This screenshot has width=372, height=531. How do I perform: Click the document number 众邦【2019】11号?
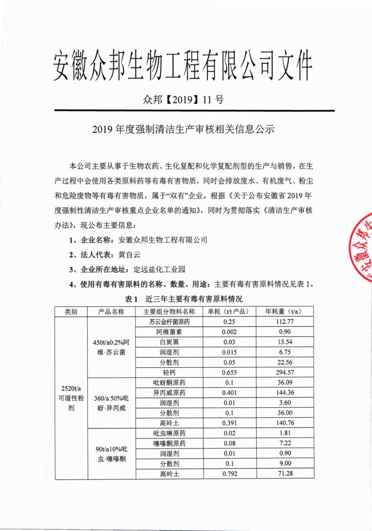[183, 99]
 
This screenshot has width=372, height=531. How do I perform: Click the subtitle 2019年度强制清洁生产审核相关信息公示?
[183, 129]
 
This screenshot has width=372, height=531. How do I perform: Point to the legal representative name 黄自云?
[129, 255]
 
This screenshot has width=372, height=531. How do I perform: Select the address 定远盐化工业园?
[159, 269]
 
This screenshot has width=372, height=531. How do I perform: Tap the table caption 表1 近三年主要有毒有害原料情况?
[184, 299]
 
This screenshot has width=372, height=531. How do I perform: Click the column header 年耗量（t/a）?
[284, 311]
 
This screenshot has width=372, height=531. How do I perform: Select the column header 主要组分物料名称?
[169, 311]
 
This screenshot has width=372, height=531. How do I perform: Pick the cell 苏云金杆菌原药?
[169, 322]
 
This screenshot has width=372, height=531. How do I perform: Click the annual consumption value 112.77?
[285, 322]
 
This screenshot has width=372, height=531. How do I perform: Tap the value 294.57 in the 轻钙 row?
[285, 372]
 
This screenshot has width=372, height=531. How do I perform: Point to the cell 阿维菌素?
[169, 332]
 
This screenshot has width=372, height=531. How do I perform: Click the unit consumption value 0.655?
[229, 372]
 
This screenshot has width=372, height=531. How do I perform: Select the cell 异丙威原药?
[169, 393]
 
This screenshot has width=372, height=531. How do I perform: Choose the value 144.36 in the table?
[285, 393]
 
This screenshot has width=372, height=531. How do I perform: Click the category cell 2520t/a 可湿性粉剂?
[71, 398]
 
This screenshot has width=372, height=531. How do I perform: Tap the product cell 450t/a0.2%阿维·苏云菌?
[111, 347]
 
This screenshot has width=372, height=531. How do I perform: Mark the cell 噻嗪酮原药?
[169, 443]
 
